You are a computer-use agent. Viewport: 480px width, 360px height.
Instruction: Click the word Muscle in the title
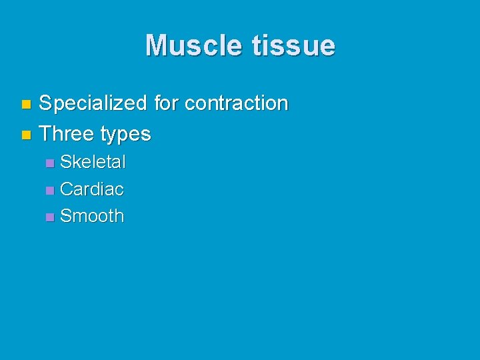pyautogui.click(x=194, y=45)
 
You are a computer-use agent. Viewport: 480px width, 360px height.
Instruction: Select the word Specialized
pyautogui.click(x=93, y=103)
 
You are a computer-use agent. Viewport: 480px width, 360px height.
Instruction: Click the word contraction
pyautogui.click(x=236, y=103)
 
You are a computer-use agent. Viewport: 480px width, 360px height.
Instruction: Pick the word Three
pyautogui.click(x=67, y=134)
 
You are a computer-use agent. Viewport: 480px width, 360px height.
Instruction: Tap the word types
pyautogui.click(x=125, y=134)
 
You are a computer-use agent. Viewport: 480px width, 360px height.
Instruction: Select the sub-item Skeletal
pyautogui.click(x=93, y=162)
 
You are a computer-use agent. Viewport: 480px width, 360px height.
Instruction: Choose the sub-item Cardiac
pyautogui.click(x=92, y=189)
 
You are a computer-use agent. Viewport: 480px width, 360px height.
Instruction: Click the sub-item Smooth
pyautogui.click(x=92, y=216)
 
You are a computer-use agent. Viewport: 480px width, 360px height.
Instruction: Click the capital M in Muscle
pyautogui.click(x=157, y=45)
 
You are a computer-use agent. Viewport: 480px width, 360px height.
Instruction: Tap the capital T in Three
pyautogui.click(x=45, y=134)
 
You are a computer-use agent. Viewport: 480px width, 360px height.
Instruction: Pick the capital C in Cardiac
pyautogui.click(x=66, y=189)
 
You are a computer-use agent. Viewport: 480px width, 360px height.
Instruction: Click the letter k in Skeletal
pyautogui.click(x=75, y=162)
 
